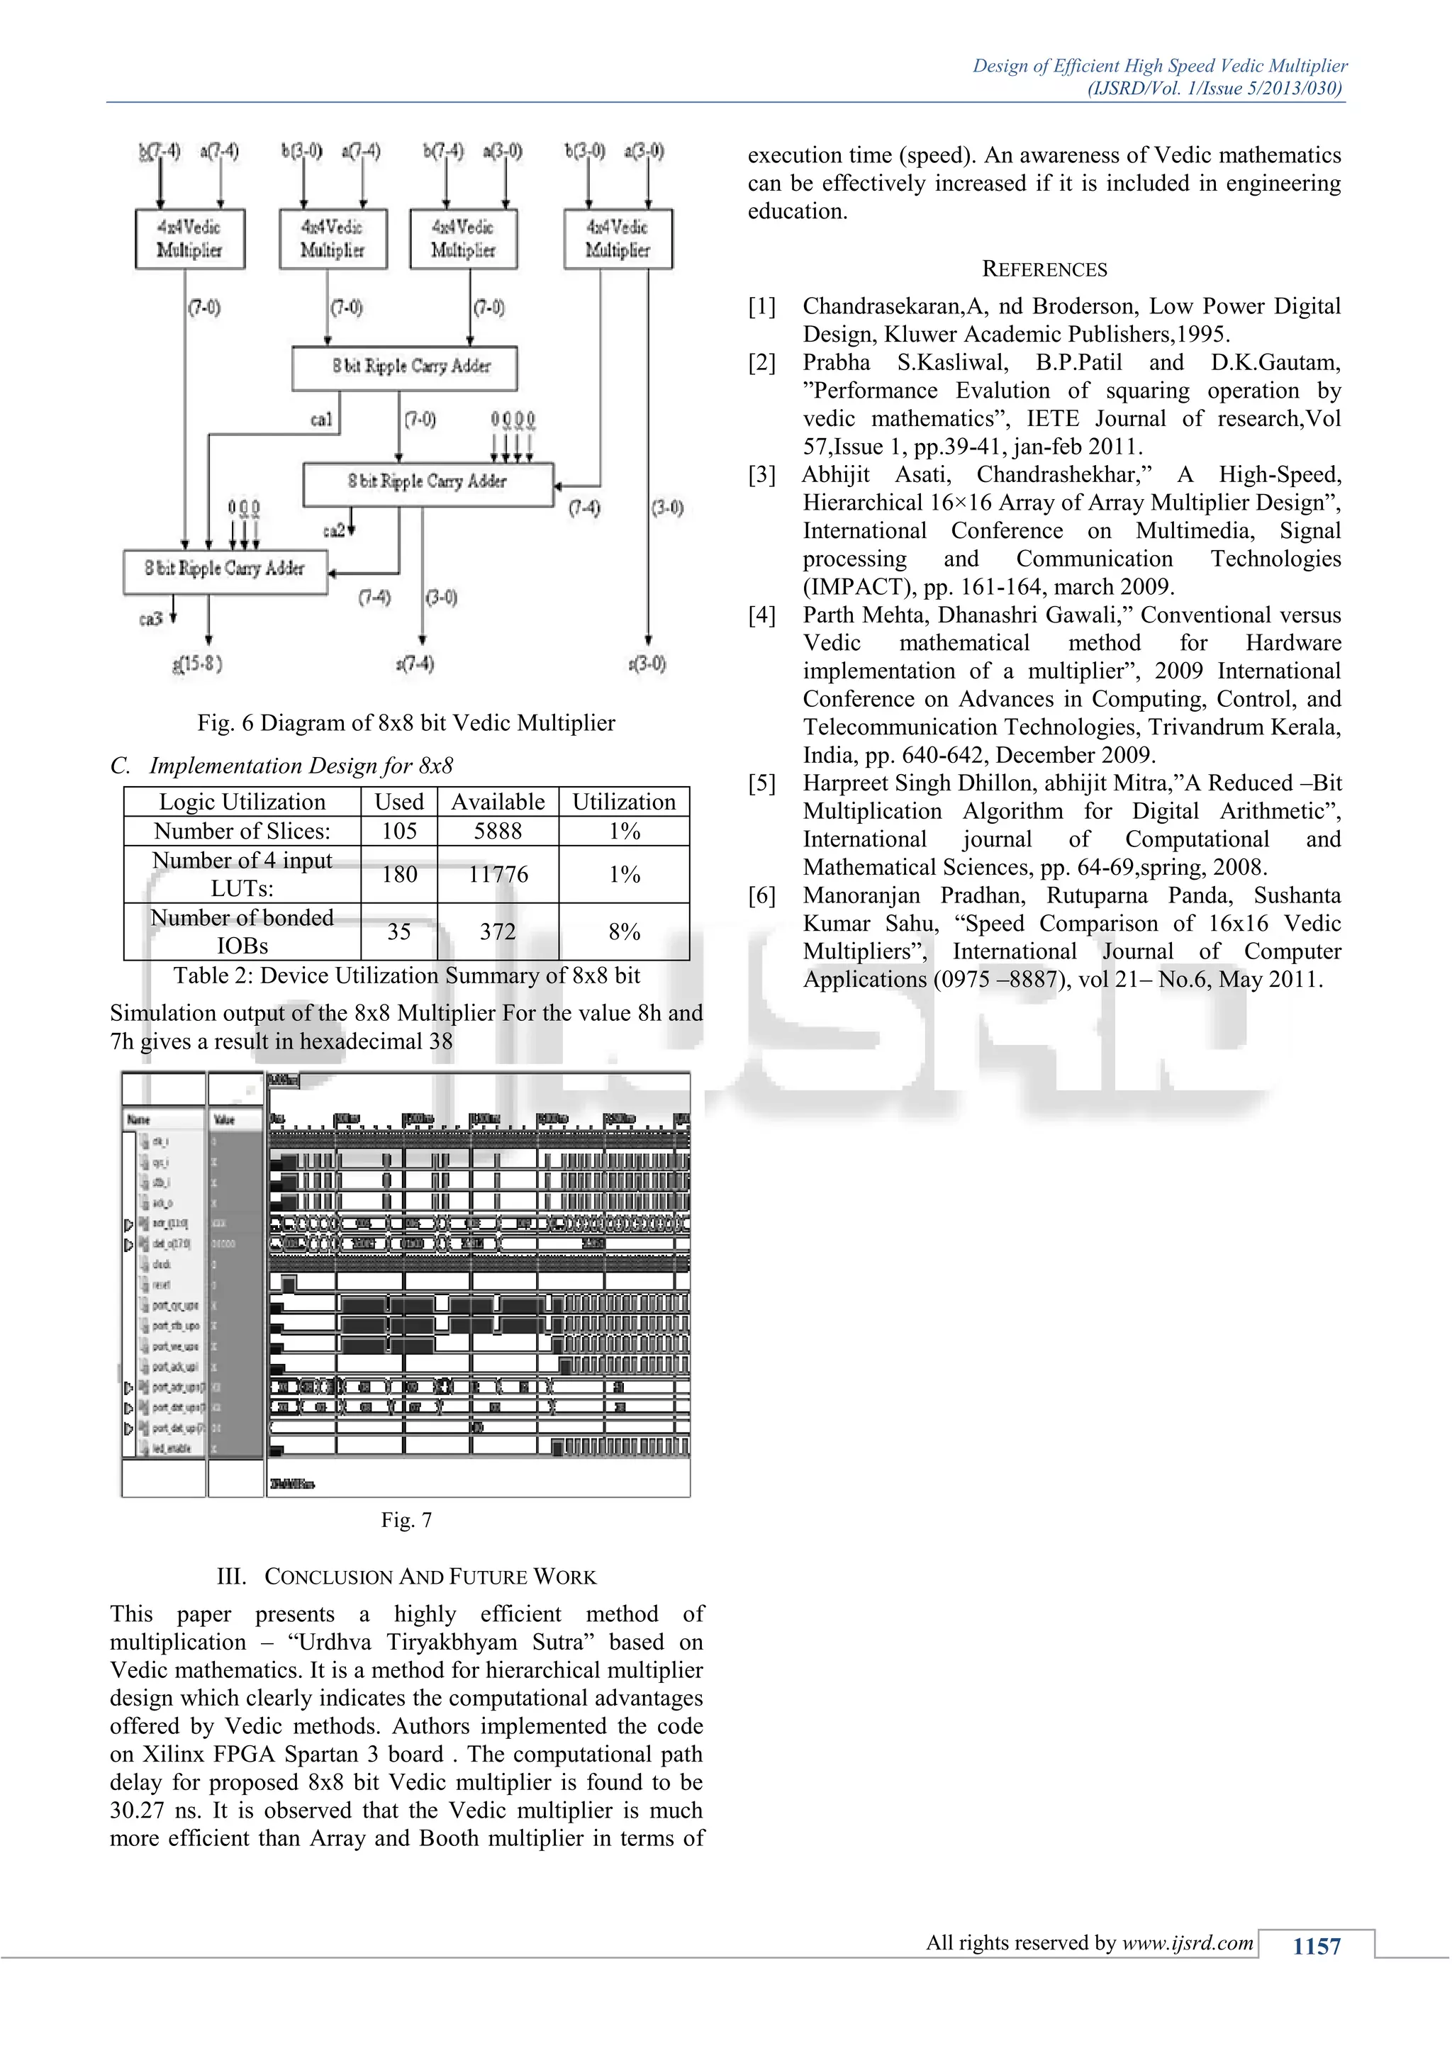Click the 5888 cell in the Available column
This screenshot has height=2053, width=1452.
point(497,832)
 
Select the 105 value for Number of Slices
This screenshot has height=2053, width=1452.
point(398,832)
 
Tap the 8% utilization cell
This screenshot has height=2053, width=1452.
point(624,932)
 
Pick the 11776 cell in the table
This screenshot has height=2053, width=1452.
point(497,875)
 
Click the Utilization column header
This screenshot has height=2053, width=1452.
point(624,802)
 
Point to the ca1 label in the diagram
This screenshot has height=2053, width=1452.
point(321,420)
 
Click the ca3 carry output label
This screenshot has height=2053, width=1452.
point(150,619)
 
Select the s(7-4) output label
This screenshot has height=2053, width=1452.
point(415,664)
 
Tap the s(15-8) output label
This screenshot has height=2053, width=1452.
point(196,664)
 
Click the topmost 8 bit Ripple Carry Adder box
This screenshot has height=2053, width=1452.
point(404,367)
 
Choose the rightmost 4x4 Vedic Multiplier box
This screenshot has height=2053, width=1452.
point(618,239)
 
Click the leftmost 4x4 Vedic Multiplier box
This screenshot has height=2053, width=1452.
point(189,239)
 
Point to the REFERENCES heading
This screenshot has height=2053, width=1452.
point(1044,269)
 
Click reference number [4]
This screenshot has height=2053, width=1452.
point(761,615)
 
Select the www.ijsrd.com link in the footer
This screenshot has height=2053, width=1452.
point(1188,1943)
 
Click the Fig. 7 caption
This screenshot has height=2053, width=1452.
point(406,1520)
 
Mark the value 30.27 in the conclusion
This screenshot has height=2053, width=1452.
point(138,1811)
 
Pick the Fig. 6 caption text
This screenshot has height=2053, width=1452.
point(406,722)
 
